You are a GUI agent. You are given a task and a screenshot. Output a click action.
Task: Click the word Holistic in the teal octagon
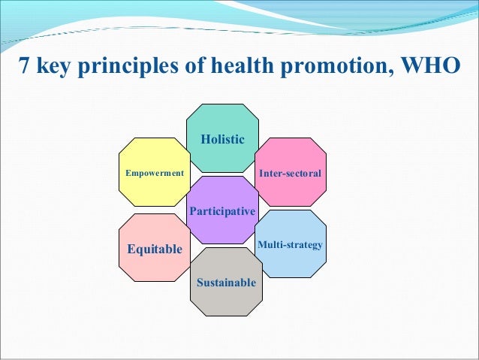(x=222, y=139)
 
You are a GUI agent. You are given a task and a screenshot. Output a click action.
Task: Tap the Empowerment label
(x=155, y=173)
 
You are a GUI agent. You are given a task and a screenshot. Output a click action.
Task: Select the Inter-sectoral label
(x=290, y=174)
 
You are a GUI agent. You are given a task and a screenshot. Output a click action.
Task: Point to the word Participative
(x=222, y=212)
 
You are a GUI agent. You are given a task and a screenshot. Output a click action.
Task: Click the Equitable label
(x=155, y=249)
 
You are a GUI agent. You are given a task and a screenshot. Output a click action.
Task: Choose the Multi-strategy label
(x=290, y=245)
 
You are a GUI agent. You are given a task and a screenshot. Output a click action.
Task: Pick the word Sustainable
(x=226, y=283)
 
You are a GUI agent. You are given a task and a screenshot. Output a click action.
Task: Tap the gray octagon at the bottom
(x=226, y=301)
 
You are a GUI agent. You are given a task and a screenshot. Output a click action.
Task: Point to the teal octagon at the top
(x=222, y=120)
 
